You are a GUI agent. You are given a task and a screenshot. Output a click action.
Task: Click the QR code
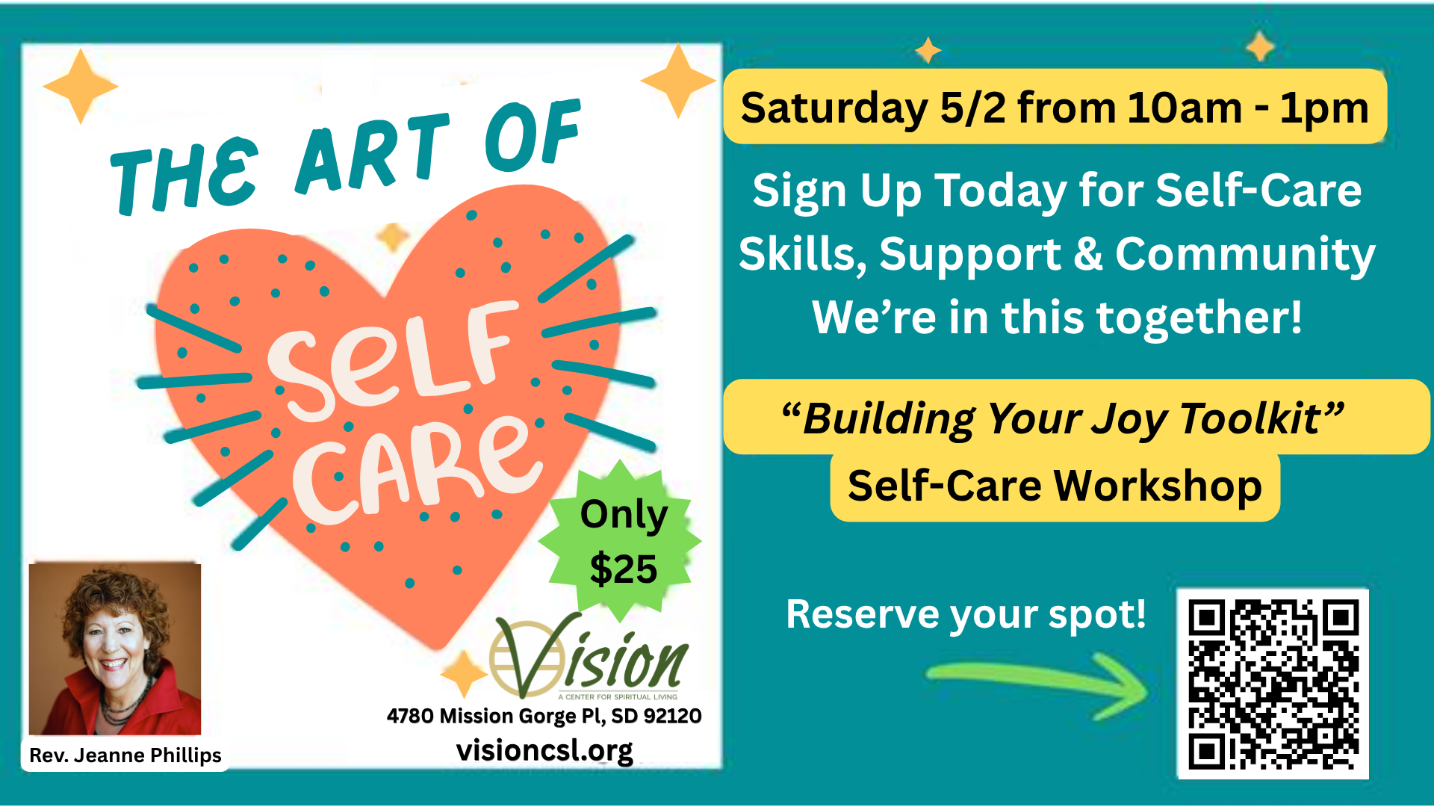(x=1273, y=684)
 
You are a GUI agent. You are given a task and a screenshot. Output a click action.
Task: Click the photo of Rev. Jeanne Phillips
(x=115, y=649)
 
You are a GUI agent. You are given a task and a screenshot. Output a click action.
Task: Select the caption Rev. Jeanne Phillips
(x=125, y=755)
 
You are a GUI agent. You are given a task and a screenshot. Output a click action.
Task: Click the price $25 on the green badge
(x=624, y=569)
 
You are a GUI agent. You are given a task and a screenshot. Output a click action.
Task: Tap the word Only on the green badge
(x=624, y=516)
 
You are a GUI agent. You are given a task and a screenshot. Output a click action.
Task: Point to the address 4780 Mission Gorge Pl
(x=494, y=716)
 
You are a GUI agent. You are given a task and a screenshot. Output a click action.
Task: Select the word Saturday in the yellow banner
(x=834, y=109)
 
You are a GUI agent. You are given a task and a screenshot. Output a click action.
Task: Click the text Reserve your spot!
(x=966, y=615)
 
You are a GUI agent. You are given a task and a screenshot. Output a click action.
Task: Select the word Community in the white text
(x=1245, y=255)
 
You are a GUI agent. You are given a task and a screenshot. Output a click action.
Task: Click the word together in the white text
(x=1187, y=318)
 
